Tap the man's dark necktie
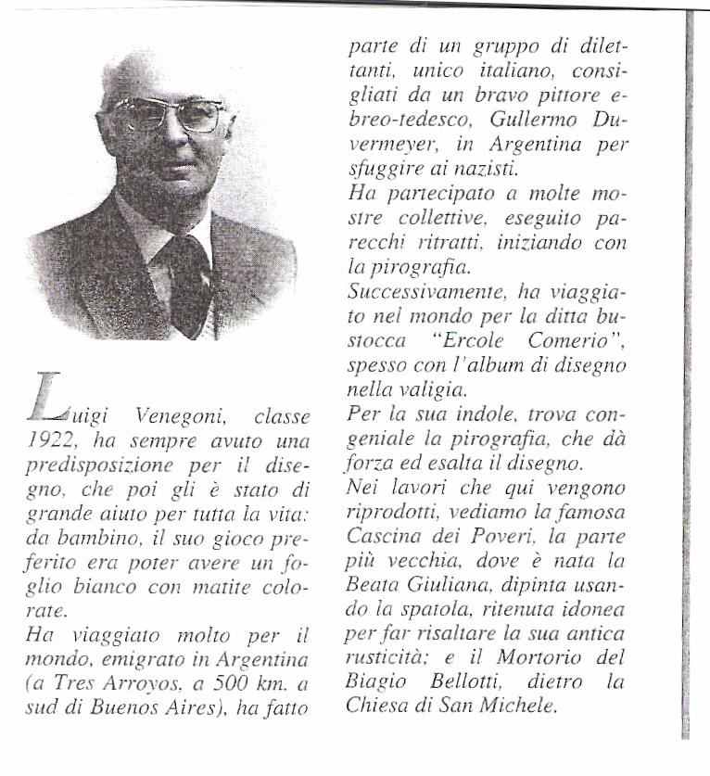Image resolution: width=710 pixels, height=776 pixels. [189, 282]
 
